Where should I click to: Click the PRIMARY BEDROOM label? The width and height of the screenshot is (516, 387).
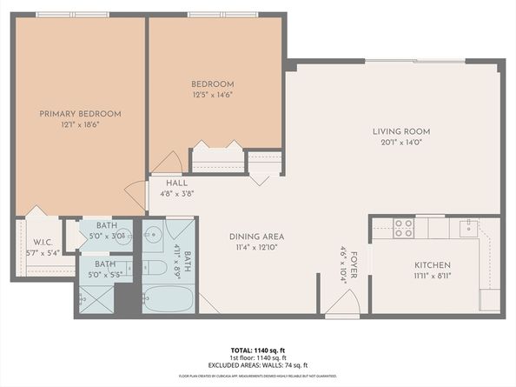(x=80, y=114)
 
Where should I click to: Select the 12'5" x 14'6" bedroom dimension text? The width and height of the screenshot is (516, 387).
(x=212, y=95)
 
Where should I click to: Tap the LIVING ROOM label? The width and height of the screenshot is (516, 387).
(x=401, y=132)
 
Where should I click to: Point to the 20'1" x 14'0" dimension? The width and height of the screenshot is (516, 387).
(x=401, y=143)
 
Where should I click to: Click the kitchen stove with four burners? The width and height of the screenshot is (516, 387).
(x=403, y=228)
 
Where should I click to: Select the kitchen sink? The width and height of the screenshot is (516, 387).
(x=468, y=228)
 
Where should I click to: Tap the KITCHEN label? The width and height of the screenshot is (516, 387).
(x=432, y=264)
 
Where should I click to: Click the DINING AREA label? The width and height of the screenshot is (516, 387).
(x=256, y=237)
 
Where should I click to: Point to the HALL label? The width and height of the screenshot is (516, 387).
(x=177, y=183)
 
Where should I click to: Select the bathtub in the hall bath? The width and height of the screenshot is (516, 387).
(x=167, y=297)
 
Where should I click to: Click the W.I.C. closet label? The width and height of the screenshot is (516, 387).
(x=44, y=243)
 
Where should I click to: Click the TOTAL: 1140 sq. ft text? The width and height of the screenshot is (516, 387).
(x=258, y=348)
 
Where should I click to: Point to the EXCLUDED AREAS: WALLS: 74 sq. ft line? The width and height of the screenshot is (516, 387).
(x=258, y=365)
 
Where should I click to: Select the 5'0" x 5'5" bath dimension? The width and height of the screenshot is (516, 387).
(x=105, y=275)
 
